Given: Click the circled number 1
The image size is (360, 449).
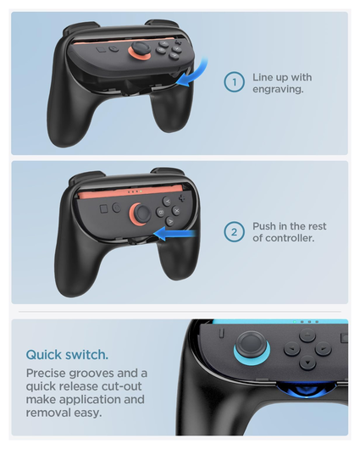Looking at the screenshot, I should pyautogui.click(x=234, y=81).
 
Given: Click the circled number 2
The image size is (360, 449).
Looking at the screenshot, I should pyautogui.click(x=234, y=232).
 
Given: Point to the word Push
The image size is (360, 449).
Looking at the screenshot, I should pyautogui.click(x=267, y=226).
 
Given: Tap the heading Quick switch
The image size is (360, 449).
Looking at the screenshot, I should pyautogui.click(x=66, y=355).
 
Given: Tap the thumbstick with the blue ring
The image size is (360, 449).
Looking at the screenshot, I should pyautogui.click(x=249, y=343).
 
